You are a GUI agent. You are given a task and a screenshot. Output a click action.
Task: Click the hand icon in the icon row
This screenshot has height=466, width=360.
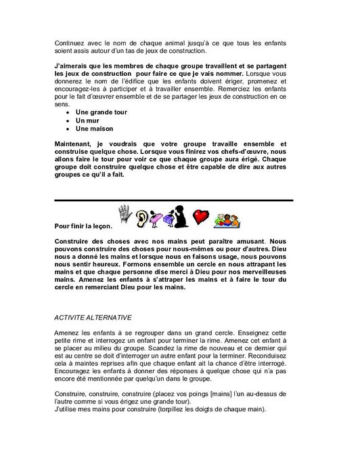pos(127,215)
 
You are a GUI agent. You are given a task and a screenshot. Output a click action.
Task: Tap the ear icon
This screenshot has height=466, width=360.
pos(142,217)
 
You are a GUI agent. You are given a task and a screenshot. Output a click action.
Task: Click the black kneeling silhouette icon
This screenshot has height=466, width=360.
pos(181,215)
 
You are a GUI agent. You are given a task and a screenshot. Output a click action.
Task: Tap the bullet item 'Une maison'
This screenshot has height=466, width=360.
pos(94,128)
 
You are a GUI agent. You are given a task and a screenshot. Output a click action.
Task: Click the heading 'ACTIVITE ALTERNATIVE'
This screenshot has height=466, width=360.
pos(93,316)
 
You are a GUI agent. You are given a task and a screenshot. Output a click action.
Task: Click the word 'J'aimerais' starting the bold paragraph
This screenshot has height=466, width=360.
pos(71,64)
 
